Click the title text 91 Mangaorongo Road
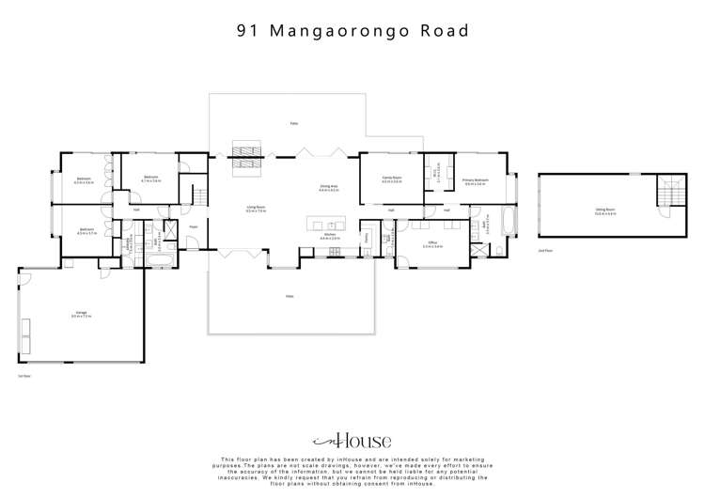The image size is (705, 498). [352, 31]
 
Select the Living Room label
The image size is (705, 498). [255, 210]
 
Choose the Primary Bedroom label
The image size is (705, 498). [474, 180]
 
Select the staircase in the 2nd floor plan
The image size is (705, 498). [669, 193]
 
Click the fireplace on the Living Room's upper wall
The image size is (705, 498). [249, 157]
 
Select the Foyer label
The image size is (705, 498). [194, 226]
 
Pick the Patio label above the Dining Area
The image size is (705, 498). [293, 124]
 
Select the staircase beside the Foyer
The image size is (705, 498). [198, 196]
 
